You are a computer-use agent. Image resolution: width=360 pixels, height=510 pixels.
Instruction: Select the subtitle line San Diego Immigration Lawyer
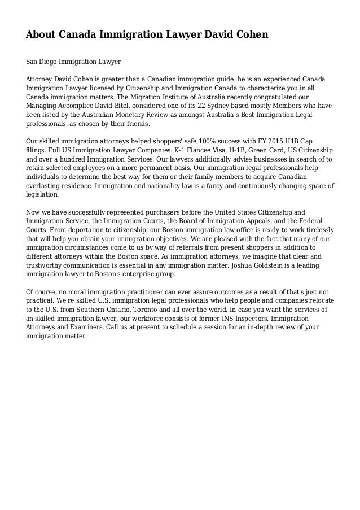tap(73, 60)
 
